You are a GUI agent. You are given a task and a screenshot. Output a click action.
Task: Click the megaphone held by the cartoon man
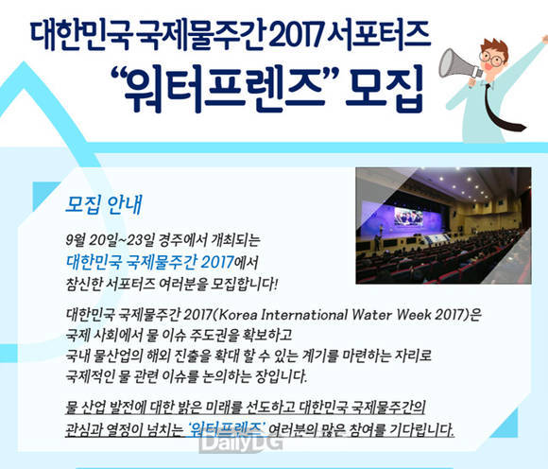pyautogui.click(x=459, y=64)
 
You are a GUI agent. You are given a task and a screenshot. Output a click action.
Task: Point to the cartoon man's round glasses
pyautogui.click(x=493, y=59)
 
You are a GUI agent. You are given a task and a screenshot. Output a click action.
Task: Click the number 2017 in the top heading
pyautogui.click(x=297, y=35)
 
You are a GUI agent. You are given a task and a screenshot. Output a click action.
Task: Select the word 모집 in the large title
pyautogui.click(x=385, y=87)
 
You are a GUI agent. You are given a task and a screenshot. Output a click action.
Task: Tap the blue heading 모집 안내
pyautogui.click(x=104, y=204)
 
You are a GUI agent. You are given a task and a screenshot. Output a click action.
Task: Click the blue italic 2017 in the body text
pyautogui.click(x=217, y=262)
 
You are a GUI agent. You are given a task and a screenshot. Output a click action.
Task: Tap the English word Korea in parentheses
pyautogui.click(x=238, y=315)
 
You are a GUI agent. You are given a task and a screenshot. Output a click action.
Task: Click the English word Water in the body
pyautogui.click(x=372, y=315)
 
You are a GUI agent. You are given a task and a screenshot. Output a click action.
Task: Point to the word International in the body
pyautogui.click(x=304, y=315)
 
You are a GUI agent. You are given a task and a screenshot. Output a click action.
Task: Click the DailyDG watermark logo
pyautogui.click(x=241, y=443)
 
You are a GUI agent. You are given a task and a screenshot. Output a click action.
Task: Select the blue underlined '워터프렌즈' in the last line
pyautogui.click(x=227, y=428)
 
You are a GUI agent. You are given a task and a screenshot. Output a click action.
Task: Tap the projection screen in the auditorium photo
pyautogui.click(x=408, y=217)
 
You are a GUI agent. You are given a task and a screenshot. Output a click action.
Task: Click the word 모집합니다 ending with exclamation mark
pyautogui.click(x=245, y=284)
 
